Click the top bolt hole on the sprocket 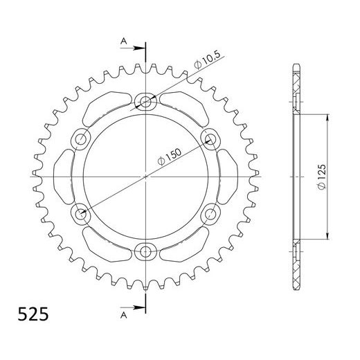(146, 102)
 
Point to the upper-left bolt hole (82, 139)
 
